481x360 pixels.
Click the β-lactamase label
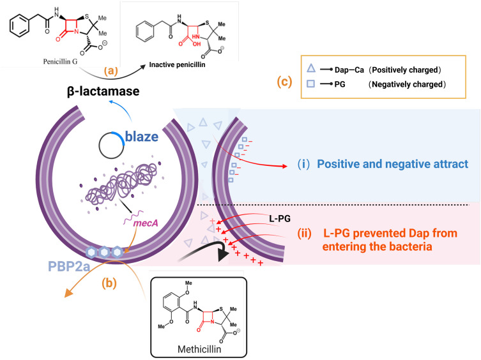tap(103, 91)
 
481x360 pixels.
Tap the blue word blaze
tap(142, 137)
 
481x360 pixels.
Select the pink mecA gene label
tap(146, 223)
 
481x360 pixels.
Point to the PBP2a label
tap(69, 266)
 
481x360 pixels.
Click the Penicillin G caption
tap(60, 62)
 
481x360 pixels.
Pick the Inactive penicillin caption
tap(177, 64)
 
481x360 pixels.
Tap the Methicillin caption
tap(199, 349)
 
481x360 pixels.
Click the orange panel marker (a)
tap(111, 71)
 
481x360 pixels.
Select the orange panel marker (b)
tap(109, 283)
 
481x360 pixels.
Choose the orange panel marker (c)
tap(284, 82)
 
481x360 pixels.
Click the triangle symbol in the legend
tap(311, 68)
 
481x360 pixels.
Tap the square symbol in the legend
tap(311, 84)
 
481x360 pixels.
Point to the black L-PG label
tap(280, 219)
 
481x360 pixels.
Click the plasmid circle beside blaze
tap(99, 146)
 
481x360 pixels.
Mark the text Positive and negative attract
tap(392, 164)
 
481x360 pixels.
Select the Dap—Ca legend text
tap(349, 70)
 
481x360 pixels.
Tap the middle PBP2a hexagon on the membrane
tap(104, 252)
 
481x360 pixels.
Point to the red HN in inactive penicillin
tap(195, 37)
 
